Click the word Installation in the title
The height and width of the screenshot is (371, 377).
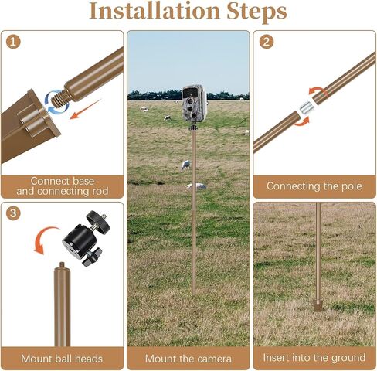155,11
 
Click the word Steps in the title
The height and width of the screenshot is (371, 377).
256,12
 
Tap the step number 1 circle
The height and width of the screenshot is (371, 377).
13,42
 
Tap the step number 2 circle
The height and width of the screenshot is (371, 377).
267,42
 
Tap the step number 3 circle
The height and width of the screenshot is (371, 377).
13,213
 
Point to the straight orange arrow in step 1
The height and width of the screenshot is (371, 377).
86,109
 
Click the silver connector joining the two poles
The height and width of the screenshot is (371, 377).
307,107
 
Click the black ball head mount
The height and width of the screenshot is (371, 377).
87,238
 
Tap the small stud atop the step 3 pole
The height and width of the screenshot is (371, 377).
62,265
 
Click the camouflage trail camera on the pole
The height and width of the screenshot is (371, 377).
195,104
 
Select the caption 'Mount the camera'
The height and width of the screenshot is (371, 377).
188,359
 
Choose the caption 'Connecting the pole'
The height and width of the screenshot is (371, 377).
314,186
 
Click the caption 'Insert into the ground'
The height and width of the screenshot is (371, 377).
314,358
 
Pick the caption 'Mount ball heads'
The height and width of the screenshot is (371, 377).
62,359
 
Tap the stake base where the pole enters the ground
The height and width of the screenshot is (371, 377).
318,305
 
